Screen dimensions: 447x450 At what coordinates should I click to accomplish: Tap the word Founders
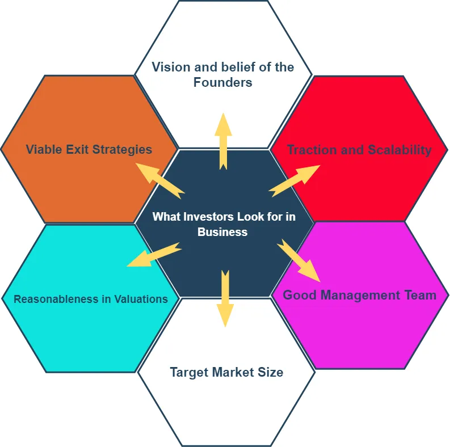(x=222, y=82)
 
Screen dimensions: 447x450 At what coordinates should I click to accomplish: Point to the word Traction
(x=311, y=150)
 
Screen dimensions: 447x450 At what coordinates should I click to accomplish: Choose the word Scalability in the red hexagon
(x=399, y=150)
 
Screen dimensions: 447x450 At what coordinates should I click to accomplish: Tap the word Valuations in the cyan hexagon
(x=141, y=299)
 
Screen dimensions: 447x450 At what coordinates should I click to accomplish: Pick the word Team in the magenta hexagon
(x=421, y=295)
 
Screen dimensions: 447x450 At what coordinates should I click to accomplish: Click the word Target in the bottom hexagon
(x=189, y=373)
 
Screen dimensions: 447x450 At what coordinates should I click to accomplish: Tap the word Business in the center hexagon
(x=222, y=232)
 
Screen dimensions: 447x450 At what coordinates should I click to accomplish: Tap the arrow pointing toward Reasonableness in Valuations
(x=153, y=255)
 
